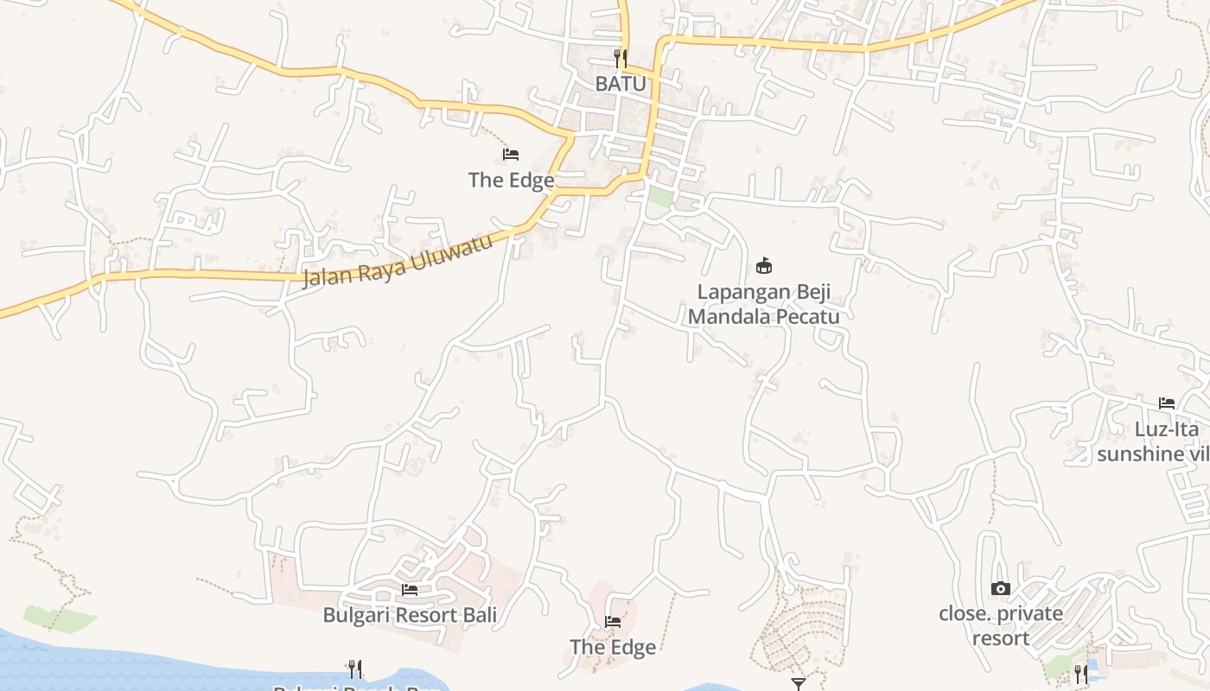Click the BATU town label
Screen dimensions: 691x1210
[x=621, y=84]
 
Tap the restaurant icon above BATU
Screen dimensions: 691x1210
[x=620, y=59]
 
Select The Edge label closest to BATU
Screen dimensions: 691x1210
[x=511, y=180]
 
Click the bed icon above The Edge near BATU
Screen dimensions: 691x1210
[x=511, y=155]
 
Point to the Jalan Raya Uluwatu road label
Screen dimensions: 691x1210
[x=398, y=260]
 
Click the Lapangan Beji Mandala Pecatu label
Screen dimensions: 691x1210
[x=763, y=303]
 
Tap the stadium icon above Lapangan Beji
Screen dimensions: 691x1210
[x=763, y=265]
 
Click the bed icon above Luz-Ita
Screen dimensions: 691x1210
[x=1166, y=403]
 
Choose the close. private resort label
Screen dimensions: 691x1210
[x=1001, y=625]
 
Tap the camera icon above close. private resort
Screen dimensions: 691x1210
[x=1000, y=588]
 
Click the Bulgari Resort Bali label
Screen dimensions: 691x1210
[x=410, y=615]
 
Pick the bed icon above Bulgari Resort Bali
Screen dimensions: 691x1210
[x=410, y=589]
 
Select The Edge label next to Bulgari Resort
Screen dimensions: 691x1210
[x=612, y=647]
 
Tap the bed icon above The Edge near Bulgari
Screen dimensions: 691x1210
[x=613, y=621]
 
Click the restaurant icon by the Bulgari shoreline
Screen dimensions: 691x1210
[x=354, y=669]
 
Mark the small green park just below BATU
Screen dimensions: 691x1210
[x=660, y=196]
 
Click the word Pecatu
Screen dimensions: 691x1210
[x=807, y=316]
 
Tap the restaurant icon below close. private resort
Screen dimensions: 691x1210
[x=1080, y=674]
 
